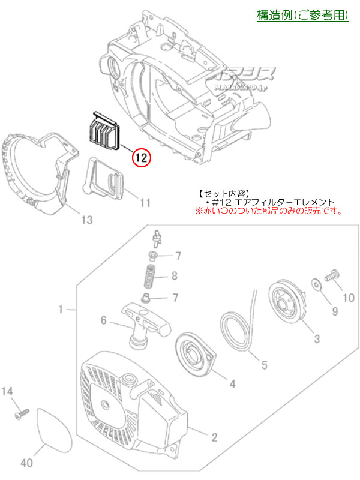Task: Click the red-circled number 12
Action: (141, 158)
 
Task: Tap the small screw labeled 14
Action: (21, 413)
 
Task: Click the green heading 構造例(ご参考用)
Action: (302, 16)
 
